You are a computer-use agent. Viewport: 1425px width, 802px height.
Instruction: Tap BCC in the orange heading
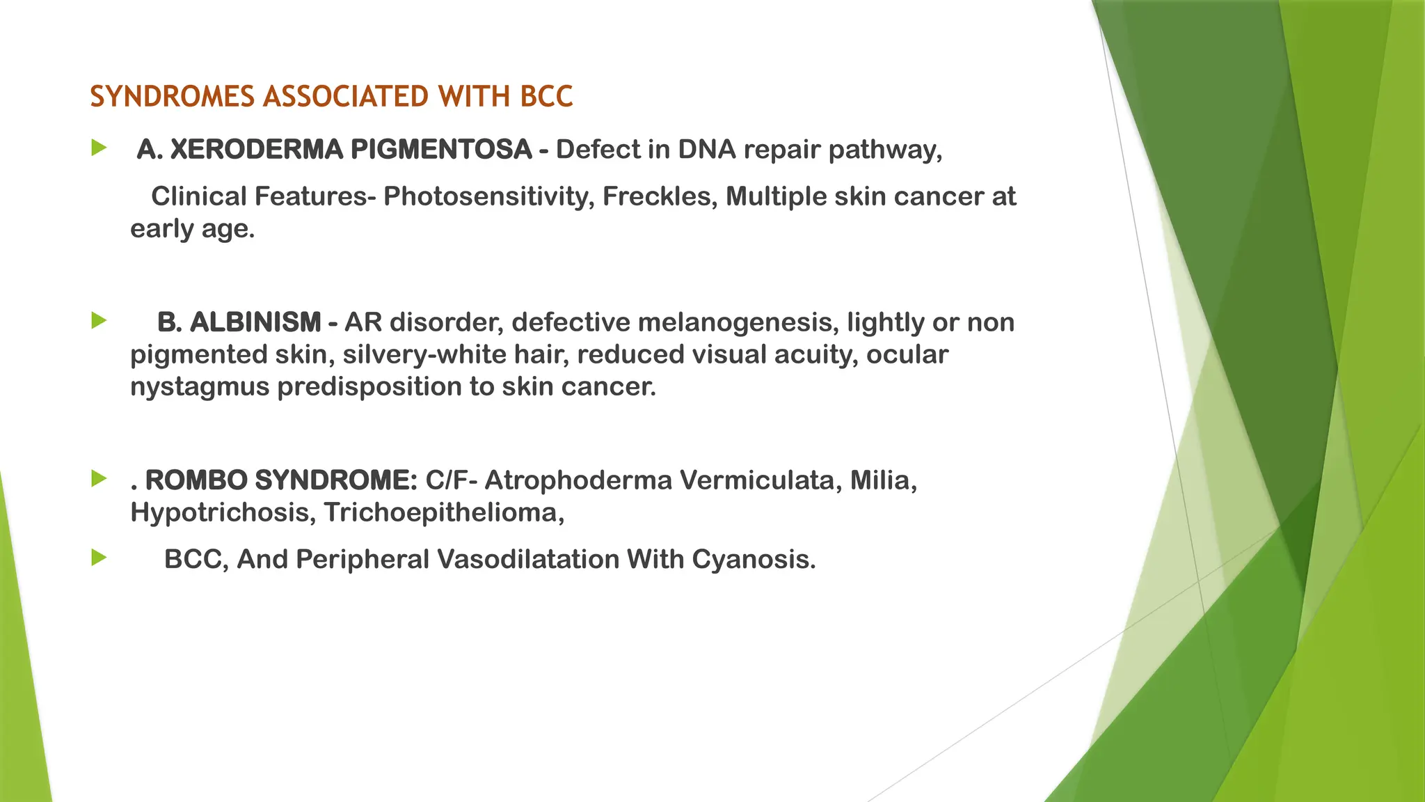(546, 97)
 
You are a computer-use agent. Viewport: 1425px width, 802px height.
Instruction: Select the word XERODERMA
(256, 150)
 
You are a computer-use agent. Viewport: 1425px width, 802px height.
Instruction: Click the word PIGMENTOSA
(441, 150)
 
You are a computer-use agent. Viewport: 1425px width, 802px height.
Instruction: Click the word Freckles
(660, 196)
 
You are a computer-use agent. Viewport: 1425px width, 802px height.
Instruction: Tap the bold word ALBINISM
(255, 322)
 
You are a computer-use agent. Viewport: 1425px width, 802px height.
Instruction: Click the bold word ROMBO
(196, 480)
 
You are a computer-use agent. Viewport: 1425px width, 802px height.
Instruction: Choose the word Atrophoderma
(578, 480)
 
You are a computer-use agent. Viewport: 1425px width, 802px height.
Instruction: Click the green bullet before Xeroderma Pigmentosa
(99, 148)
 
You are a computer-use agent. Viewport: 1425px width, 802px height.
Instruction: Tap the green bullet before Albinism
(99, 321)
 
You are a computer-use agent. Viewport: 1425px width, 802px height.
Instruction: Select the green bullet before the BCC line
(99, 558)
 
